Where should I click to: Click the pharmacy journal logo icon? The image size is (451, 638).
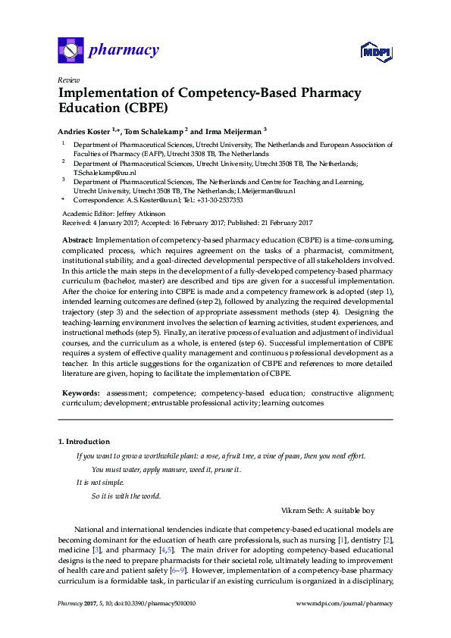[70, 51]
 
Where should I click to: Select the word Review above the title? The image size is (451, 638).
[68, 80]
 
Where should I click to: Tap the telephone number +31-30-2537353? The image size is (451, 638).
[220, 200]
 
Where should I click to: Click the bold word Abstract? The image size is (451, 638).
[77, 239]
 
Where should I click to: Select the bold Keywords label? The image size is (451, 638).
[80, 394]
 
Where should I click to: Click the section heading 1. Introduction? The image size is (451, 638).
[84, 441]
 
